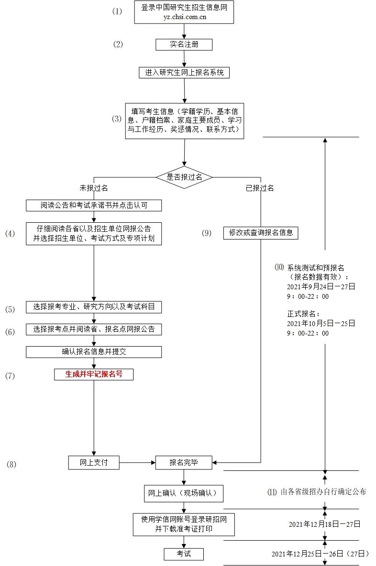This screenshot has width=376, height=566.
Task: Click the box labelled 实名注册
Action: [x=184, y=44]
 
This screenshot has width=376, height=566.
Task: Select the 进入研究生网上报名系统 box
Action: [x=184, y=73]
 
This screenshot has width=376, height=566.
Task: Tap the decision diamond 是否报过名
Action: [x=184, y=177]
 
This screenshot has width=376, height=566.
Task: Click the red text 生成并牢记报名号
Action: [x=94, y=374]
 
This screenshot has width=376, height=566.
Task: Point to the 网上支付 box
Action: [x=94, y=462]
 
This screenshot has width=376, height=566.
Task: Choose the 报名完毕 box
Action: [x=184, y=462]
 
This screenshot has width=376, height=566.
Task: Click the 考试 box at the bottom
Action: [x=184, y=554]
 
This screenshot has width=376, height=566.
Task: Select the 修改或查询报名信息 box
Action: [x=261, y=233]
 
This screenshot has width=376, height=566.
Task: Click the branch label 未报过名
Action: [x=94, y=188]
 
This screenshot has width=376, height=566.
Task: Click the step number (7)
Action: [x=10, y=376]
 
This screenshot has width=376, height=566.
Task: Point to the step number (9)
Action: [x=206, y=233]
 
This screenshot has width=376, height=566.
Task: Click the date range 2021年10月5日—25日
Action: [x=321, y=323]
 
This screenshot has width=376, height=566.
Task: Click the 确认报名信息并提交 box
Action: [x=94, y=352]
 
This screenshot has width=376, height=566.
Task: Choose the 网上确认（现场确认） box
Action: [x=184, y=493]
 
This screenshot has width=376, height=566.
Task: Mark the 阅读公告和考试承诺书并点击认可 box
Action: [x=94, y=206]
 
